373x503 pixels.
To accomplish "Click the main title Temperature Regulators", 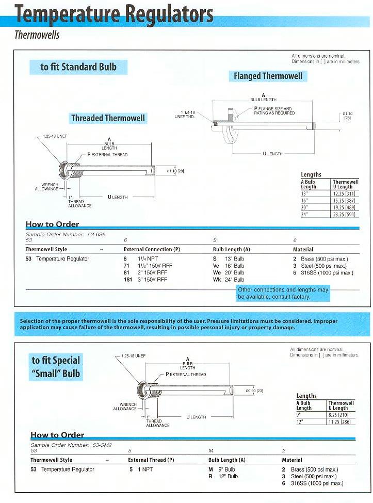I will point(114,14).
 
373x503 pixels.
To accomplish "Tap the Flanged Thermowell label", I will point(268,76).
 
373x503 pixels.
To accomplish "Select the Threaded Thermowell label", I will point(108,118).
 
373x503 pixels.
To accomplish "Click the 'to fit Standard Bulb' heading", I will point(78,67).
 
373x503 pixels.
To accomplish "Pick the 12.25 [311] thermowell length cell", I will point(345,193).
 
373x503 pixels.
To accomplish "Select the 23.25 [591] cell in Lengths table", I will point(345,214).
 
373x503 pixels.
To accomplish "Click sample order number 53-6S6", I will point(94,234).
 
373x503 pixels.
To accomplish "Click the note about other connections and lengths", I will point(283,294).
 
